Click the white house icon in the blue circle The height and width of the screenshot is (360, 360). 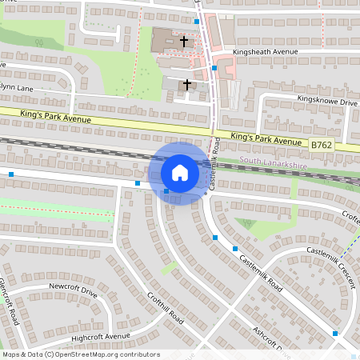[x=179, y=173]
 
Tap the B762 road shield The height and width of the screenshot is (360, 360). [x=321, y=145]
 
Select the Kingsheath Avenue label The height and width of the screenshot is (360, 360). [x=265, y=52]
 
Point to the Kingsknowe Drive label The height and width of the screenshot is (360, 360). [x=326, y=102]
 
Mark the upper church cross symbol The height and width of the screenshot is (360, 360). [x=184, y=40]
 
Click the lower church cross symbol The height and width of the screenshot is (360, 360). [x=188, y=83]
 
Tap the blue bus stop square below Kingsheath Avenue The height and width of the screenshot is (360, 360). [x=214, y=69]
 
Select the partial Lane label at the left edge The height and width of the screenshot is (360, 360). [x=16, y=87]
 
